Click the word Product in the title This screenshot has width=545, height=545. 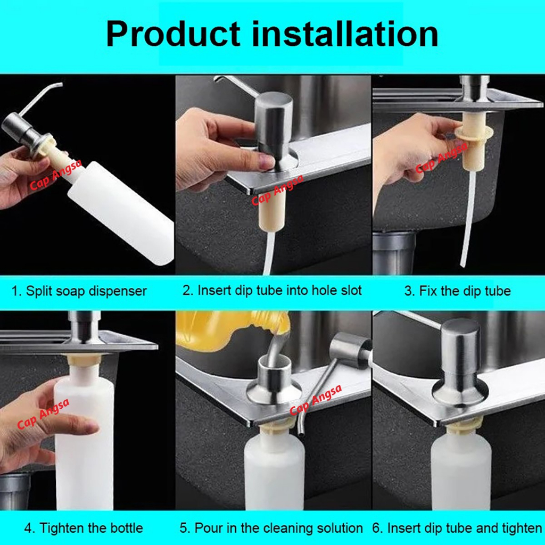pos(173,34)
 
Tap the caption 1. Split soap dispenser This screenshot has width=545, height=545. pos(79,291)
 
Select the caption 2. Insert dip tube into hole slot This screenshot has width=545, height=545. pos(272,290)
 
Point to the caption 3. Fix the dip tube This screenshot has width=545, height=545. pos(457,291)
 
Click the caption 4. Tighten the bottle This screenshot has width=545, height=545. pos(84,528)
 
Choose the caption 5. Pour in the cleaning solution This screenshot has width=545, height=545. pos(271,528)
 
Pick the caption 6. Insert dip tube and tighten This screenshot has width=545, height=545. pos(457,528)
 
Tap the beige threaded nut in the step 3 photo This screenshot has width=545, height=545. pos(473,143)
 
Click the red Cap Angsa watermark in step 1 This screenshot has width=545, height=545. pos(55,175)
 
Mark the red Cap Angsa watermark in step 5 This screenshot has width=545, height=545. pos(316,400)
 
